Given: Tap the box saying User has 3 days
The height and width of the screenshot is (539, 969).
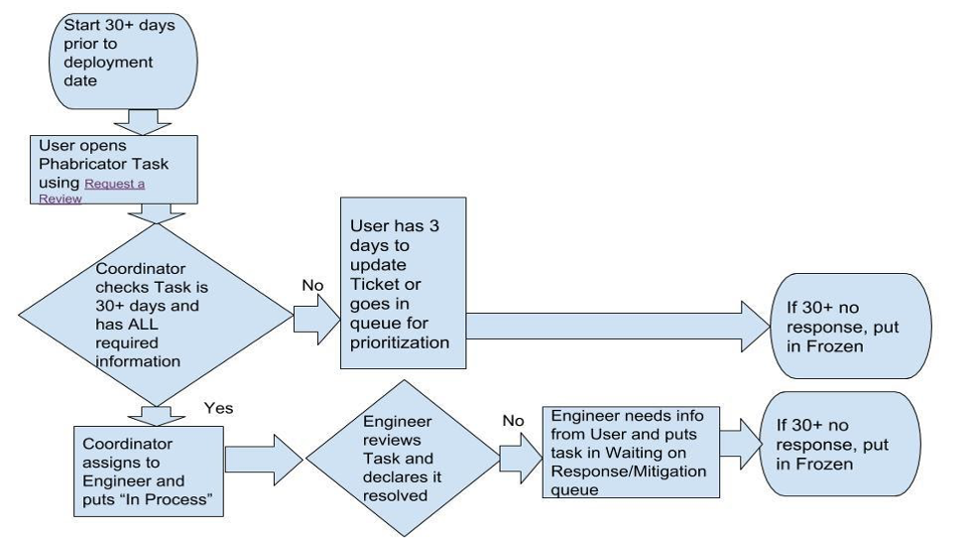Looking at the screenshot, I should pyautogui.click(x=402, y=283).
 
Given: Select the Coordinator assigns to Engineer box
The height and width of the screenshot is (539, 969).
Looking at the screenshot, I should pyautogui.click(x=149, y=471).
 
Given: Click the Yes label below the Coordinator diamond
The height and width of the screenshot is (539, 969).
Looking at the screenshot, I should pyautogui.click(x=218, y=408).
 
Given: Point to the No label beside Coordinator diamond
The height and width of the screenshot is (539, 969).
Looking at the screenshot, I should pyautogui.click(x=313, y=286).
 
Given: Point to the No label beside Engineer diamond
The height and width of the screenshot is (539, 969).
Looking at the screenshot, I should pyautogui.click(x=513, y=421).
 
